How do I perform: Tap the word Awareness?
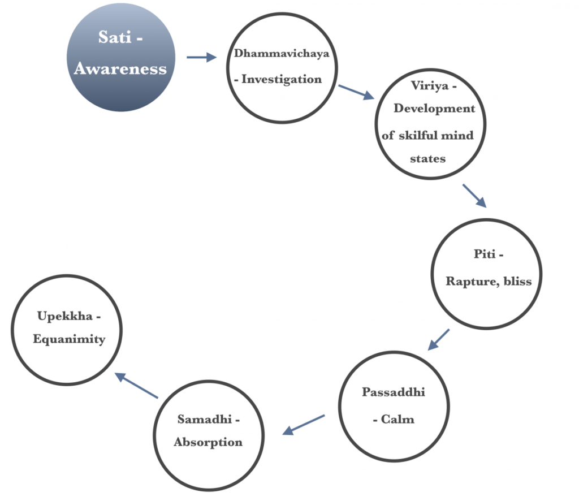coord(120,68)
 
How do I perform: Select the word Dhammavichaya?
coord(282,54)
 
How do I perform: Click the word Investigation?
coord(282,79)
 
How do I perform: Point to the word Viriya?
coord(429,86)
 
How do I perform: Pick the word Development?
coord(434,109)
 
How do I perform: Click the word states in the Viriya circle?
coord(427,159)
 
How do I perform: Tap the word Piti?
coord(485,254)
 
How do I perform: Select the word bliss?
coord(518,282)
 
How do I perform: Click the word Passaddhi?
coord(394,392)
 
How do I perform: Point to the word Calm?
coord(397,420)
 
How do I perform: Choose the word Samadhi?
coord(205,420)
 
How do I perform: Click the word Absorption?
coord(208,442)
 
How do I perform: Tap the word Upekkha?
coord(65,316)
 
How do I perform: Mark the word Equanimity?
coord(69,339)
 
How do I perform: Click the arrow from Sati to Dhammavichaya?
coord(202,57)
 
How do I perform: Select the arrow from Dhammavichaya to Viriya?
coord(356,92)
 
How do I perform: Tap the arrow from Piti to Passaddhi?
coord(439,340)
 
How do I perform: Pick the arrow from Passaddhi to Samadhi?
coord(304,425)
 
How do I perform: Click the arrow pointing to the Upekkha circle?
coord(136,386)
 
